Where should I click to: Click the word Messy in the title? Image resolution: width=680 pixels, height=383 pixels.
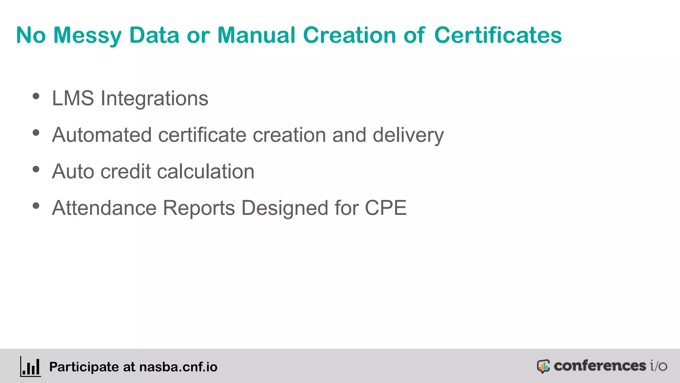click(x=87, y=35)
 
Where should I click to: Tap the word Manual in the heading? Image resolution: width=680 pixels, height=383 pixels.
click(x=256, y=35)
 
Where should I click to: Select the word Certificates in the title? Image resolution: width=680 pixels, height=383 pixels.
click(x=498, y=35)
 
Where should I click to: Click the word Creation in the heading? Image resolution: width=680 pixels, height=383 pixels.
click(x=349, y=35)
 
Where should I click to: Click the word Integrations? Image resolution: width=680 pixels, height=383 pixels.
click(x=154, y=99)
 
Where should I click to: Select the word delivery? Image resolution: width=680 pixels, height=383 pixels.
click(x=408, y=136)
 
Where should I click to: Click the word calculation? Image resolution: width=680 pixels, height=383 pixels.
click(x=206, y=172)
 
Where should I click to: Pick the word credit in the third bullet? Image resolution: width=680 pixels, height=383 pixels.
click(x=126, y=172)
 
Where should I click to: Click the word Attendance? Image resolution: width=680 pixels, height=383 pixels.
click(x=104, y=208)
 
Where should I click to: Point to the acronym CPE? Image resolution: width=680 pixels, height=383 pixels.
click(x=385, y=208)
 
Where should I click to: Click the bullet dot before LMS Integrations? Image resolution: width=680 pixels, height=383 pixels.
click(x=36, y=96)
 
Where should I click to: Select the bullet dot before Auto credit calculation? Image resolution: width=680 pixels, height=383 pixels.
click(x=36, y=170)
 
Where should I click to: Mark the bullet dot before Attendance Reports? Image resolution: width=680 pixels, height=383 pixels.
click(x=36, y=206)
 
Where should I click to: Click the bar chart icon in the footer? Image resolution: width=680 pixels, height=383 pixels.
click(x=31, y=367)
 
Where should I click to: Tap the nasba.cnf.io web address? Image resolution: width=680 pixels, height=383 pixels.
click(x=178, y=367)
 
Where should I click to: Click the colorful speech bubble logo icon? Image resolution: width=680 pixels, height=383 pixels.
click(x=543, y=366)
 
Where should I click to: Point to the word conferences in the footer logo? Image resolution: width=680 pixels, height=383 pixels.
click(x=600, y=366)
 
